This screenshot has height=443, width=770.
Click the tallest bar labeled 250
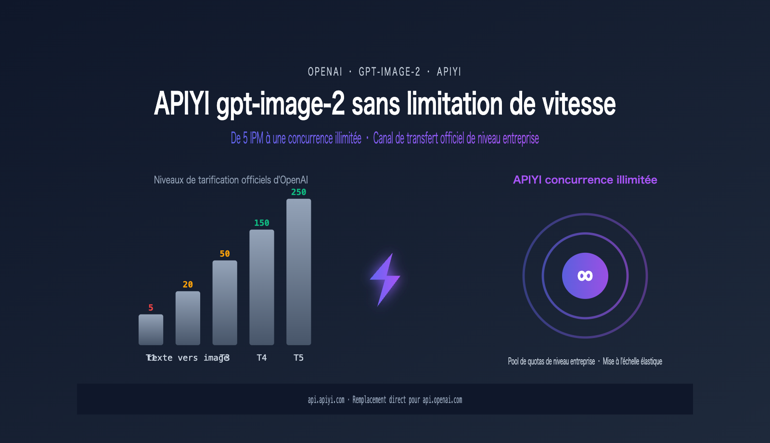pyautogui.click(x=298, y=272)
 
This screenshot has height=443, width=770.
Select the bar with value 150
pyautogui.click(x=261, y=287)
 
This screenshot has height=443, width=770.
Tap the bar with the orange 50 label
pyautogui.click(x=225, y=303)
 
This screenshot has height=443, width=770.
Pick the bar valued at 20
pyautogui.click(x=188, y=318)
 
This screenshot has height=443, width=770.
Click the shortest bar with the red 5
pyautogui.click(x=151, y=330)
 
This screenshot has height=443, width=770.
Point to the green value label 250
pyautogui.click(x=298, y=192)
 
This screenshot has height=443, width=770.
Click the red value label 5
pyautogui.click(x=151, y=308)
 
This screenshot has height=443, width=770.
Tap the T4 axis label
pyautogui.click(x=261, y=358)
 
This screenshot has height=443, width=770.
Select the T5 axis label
pyautogui.click(x=298, y=358)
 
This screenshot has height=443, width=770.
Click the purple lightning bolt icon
pyautogui.click(x=385, y=279)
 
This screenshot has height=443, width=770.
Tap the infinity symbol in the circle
pyautogui.click(x=585, y=276)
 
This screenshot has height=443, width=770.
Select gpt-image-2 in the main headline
pyautogui.click(x=281, y=104)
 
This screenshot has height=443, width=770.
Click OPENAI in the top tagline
pyautogui.click(x=325, y=72)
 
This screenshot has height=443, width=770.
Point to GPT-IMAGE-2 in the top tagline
pyautogui.click(x=389, y=72)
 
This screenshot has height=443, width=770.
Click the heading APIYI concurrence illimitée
pyautogui.click(x=585, y=180)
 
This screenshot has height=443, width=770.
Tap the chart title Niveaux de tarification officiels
pyautogui.click(x=231, y=180)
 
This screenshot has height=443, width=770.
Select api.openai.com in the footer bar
pyautogui.click(x=442, y=400)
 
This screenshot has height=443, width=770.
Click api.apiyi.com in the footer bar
pyautogui.click(x=326, y=400)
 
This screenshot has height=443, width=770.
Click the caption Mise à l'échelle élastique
pyautogui.click(x=632, y=361)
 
